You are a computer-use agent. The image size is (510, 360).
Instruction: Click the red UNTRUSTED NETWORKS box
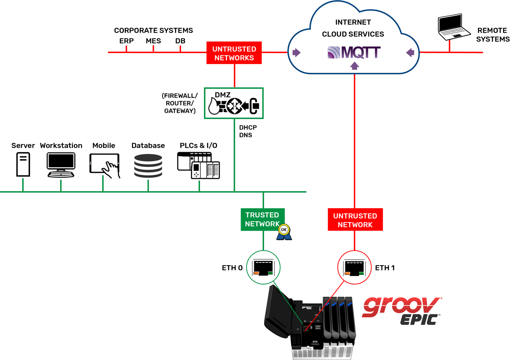234,53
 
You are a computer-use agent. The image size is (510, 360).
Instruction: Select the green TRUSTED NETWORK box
263,219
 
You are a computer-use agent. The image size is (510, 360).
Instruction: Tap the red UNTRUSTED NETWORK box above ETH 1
355,220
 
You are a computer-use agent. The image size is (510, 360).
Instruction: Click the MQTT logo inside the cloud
354,53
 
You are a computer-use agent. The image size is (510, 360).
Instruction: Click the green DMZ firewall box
234,103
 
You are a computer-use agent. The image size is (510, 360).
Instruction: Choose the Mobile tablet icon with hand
104,165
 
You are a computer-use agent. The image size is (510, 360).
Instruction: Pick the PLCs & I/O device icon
198,166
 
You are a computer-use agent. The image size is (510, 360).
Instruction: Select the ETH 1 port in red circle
355,267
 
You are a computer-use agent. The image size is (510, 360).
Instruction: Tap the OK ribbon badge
284,232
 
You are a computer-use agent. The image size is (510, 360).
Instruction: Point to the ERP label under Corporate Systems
126,41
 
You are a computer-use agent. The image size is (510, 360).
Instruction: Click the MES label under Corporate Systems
153,41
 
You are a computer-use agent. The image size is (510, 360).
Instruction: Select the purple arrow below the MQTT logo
354,66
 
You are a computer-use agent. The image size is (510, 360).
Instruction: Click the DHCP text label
248,128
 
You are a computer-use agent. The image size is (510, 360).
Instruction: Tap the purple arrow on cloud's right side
410,52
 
